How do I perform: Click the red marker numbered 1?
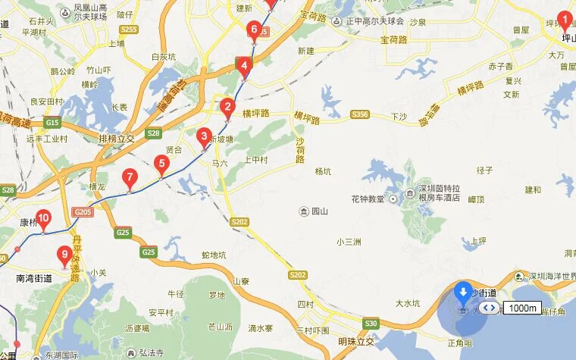[x=564, y=19]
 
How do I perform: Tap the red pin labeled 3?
[x=203, y=137]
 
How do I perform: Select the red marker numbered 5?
[x=161, y=164]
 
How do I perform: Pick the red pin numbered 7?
[x=130, y=179]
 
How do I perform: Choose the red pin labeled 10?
[x=43, y=219]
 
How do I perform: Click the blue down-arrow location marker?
[x=463, y=292]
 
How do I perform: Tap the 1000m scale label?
[x=522, y=308]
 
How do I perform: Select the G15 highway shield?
[x=52, y=122]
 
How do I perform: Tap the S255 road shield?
[x=129, y=30]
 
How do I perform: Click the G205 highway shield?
[x=83, y=211]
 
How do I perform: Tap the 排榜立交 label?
[x=116, y=139]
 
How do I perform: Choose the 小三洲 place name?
[x=349, y=242]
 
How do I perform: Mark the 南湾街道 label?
[x=34, y=278]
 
